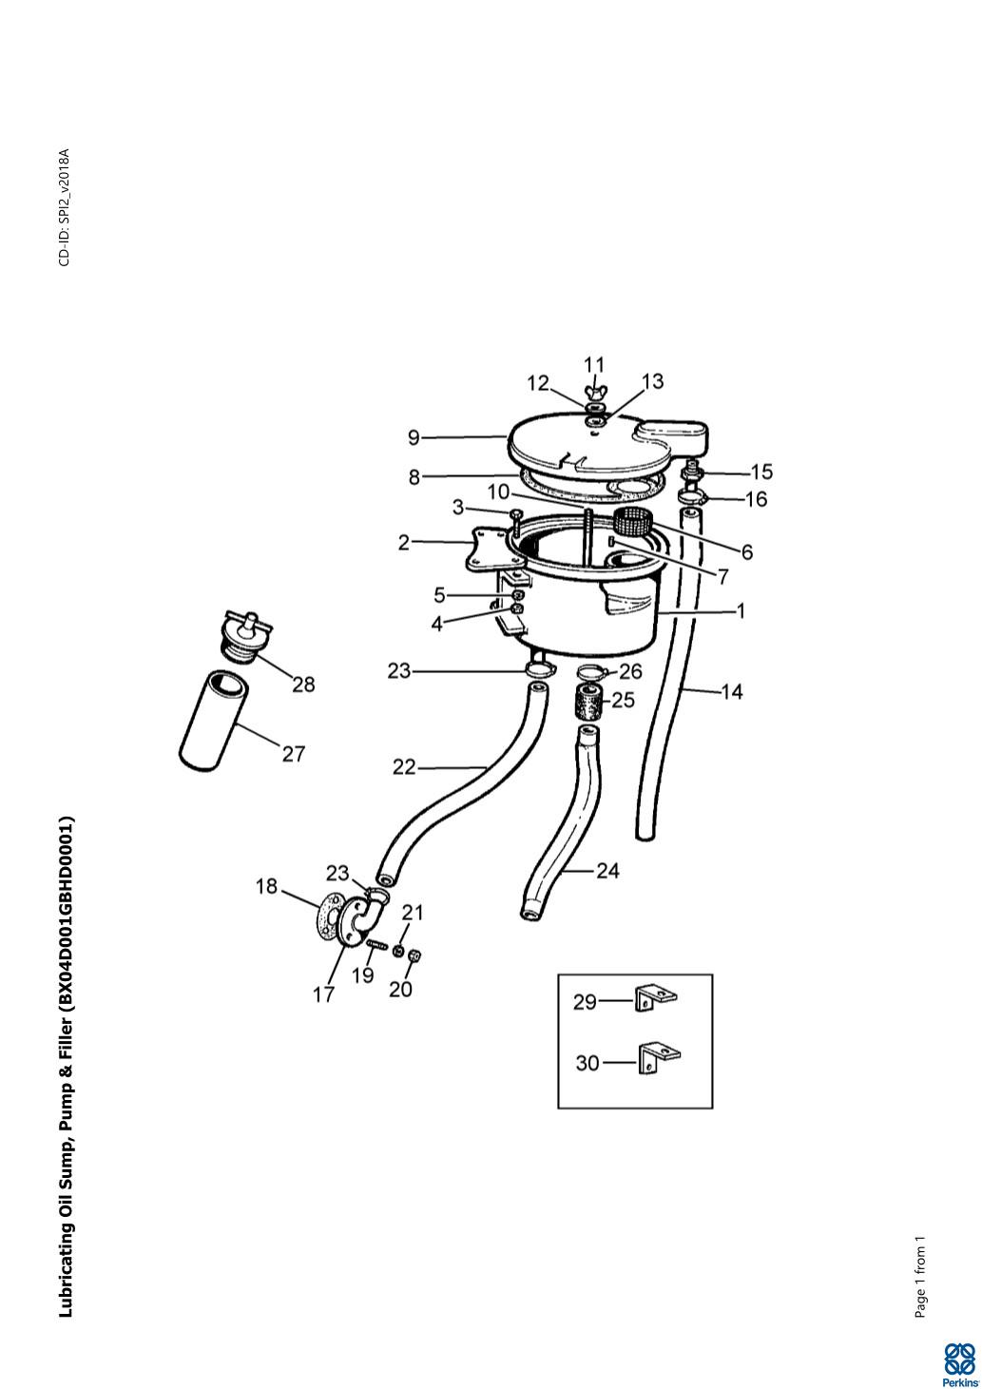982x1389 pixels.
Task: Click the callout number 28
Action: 303,685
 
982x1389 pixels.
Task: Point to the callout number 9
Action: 414,437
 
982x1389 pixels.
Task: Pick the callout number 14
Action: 732,691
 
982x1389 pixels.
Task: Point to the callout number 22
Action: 404,767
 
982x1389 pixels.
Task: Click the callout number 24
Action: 607,871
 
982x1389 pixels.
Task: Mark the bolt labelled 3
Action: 516,523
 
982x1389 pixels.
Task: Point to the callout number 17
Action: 323,995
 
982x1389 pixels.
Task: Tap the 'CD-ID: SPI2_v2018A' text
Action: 65,207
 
